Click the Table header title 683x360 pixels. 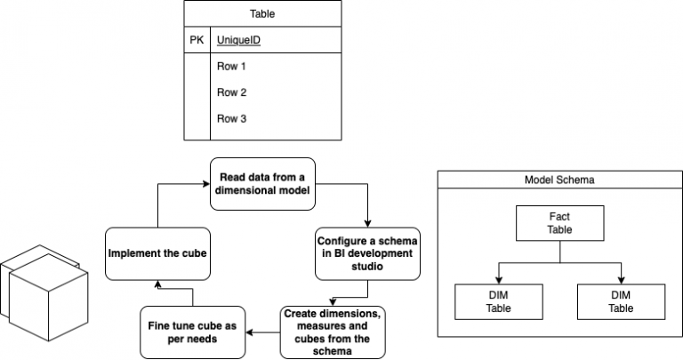click(262, 14)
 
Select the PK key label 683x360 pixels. click(197, 41)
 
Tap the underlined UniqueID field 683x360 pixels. click(239, 41)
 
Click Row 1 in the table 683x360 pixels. click(231, 67)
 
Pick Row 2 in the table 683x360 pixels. click(231, 92)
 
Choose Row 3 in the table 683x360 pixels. click(231, 117)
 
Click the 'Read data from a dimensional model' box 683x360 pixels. click(263, 183)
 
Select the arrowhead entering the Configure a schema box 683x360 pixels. click(366, 225)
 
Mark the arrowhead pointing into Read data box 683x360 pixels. click(205, 184)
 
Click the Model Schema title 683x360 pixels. click(559, 180)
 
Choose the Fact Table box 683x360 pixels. click(559, 222)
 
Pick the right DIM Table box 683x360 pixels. click(621, 301)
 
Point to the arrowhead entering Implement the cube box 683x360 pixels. click(157, 284)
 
